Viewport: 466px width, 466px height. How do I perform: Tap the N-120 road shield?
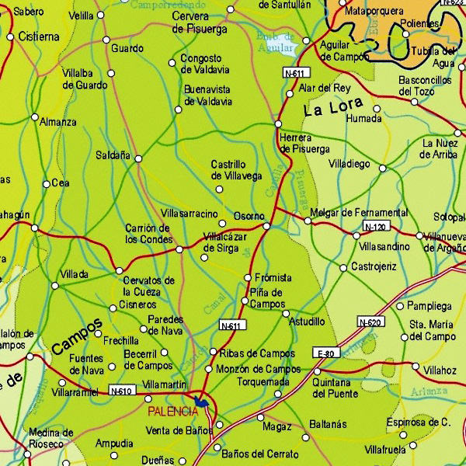point(374,227)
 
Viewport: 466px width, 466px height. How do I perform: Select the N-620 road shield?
point(370,322)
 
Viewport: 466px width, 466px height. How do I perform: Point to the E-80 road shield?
point(325,353)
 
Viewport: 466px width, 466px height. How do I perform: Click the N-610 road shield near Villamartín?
point(120,390)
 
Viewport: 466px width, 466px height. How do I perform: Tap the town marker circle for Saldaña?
point(138,158)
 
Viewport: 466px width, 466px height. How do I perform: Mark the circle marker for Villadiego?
point(382,168)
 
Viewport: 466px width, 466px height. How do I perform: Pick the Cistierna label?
point(38,37)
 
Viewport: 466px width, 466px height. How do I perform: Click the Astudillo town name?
point(306,321)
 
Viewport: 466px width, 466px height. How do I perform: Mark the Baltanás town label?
point(327,425)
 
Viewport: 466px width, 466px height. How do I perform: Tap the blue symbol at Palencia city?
point(202,402)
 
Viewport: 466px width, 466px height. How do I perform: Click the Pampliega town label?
point(429,306)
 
